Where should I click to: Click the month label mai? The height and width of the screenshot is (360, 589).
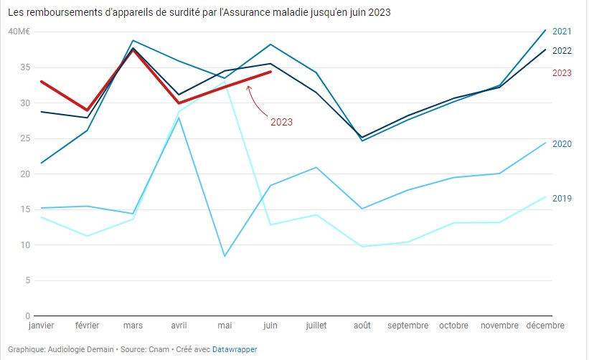pos(225,326)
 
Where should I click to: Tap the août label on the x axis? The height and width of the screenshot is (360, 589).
pos(362,326)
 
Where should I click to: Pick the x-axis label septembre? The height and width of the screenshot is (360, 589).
pos(408,326)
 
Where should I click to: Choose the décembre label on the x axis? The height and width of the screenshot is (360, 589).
pos(546,326)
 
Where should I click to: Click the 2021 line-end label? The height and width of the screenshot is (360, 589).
pos(562,32)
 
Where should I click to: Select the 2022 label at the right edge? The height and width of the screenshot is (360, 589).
pos(562,50)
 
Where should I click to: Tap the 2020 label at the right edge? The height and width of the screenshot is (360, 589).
pos(562,144)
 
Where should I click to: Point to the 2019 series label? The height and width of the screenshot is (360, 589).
pos(562,198)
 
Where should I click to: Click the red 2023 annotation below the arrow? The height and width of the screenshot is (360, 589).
pos(281,122)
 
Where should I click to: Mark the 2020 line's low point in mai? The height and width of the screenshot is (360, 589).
pos(225,256)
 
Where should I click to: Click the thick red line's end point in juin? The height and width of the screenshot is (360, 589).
pos(270,72)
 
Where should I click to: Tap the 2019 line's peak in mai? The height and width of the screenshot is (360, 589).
pos(225,82)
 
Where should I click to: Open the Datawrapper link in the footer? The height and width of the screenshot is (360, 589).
pos(235,349)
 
